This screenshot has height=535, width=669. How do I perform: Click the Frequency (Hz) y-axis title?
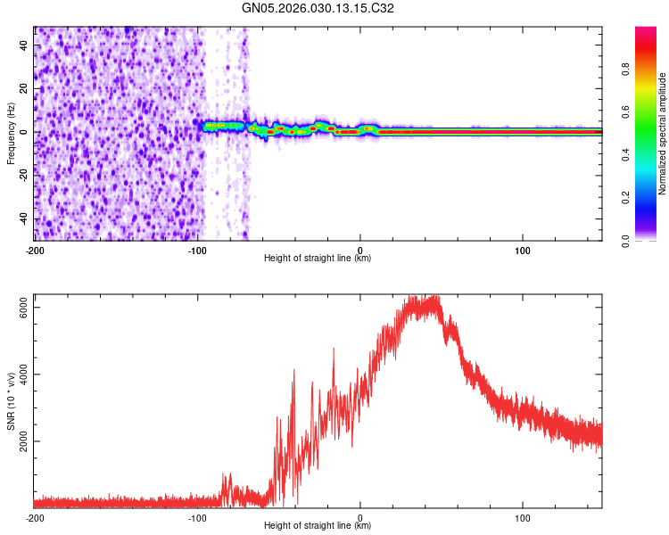point(11,133)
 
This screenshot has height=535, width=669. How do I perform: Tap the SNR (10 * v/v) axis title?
point(11,401)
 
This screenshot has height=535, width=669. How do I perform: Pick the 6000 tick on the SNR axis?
point(26,306)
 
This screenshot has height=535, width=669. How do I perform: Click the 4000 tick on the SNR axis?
point(26,374)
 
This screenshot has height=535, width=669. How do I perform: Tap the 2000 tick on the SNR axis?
point(26,441)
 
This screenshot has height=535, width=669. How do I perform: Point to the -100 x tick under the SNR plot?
point(197,517)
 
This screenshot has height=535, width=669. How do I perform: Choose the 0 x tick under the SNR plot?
point(360,517)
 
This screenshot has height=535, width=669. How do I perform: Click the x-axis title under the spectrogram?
point(318,259)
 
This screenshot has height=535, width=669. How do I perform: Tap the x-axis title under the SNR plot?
point(318,526)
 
